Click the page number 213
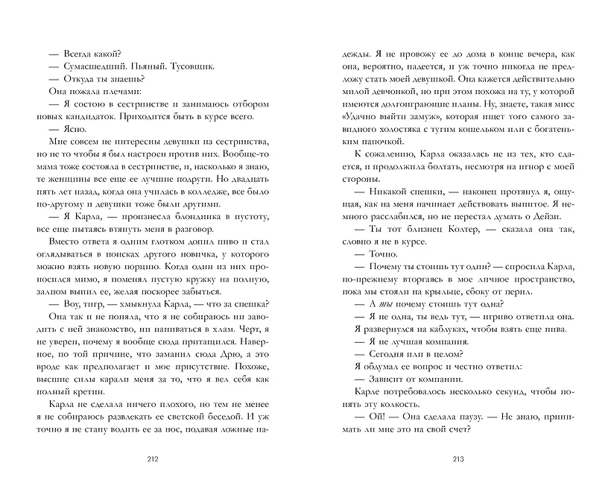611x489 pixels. coord(458,458)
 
